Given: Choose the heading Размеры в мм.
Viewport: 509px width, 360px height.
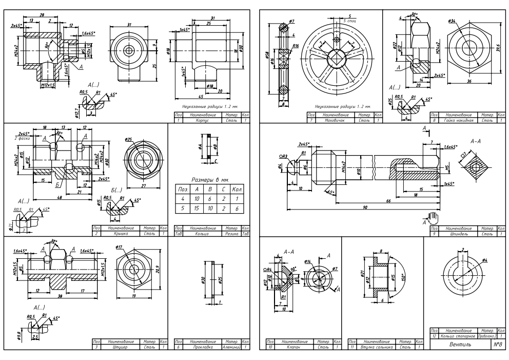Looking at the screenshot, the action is click(209, 180).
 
